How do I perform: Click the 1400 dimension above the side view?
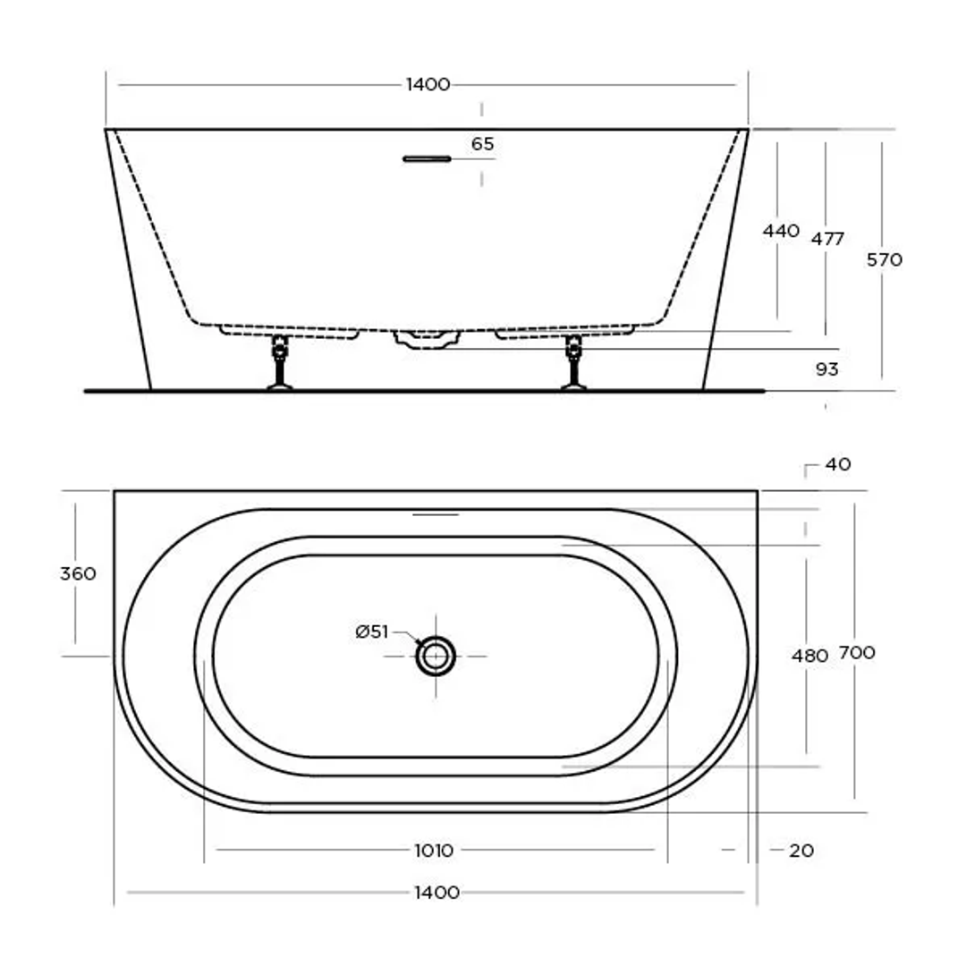coord(428,85)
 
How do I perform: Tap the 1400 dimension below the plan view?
coord(436,892)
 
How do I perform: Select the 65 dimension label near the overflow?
coord(482,144)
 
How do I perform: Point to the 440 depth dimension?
coord(780,231)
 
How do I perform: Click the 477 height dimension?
coord(827,239)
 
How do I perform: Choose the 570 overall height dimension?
coord(885,260)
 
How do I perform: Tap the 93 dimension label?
coord(827,369)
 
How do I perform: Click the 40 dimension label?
coord(838,464)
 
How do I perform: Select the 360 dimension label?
coord(78,573)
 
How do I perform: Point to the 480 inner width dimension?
coord(809,656)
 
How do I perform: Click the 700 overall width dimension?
coord(856,653)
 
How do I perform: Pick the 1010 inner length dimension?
coord(434,850)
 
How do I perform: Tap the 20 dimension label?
coord(801,851)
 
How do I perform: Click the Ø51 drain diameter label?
coord(372,632)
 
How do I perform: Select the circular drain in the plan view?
coord(436,657)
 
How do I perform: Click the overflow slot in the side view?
coord(428,159)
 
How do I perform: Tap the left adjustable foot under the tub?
coord(280,364)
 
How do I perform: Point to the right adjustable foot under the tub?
coord(573,364)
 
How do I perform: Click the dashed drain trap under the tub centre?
coord(427,339)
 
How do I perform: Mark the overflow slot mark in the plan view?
coord(436,514)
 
